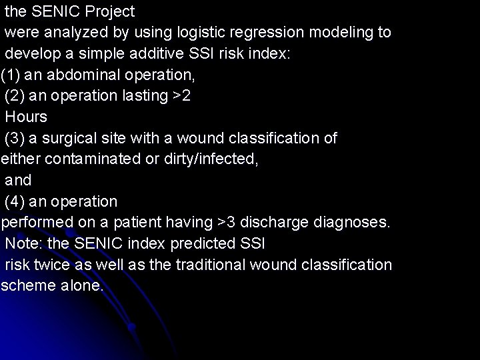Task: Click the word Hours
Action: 26,117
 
